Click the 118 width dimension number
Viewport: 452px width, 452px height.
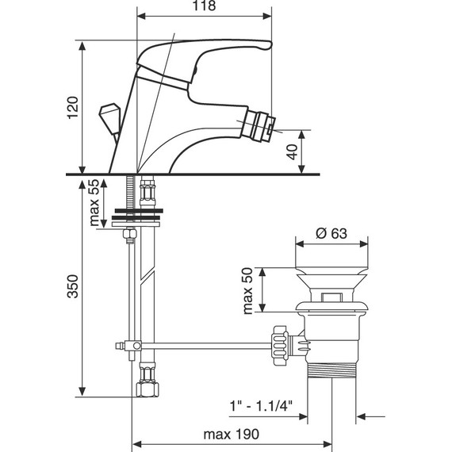(x=204, y=6)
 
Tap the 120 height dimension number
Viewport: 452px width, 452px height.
(x=73, y=108)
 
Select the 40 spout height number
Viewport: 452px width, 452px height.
(x=293, y=152)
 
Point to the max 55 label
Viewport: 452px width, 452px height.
(x=94, y=202)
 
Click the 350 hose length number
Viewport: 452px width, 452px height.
(x=73, y=286)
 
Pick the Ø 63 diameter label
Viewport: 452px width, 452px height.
(x=331, y=233)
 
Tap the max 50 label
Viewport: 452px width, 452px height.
(x=247, y=290)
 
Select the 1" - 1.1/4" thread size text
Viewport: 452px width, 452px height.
(x=261, y=406)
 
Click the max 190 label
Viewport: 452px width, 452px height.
(x=232, y=434)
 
